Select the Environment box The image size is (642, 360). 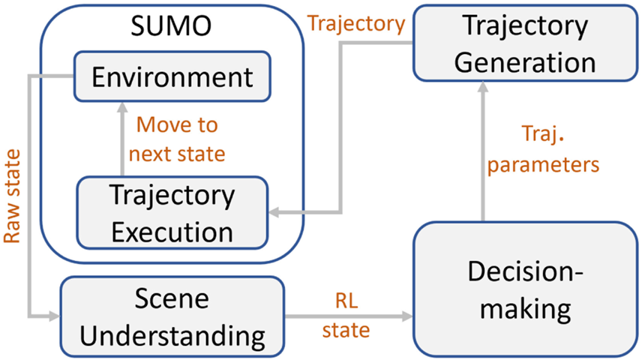point(171,76)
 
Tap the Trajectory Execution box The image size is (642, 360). point(172,212)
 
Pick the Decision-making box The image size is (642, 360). point(524,289)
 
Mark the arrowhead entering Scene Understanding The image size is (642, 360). point(54,316)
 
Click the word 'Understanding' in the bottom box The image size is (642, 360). point(172,336)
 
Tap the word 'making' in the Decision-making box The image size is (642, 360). point(524,307)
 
